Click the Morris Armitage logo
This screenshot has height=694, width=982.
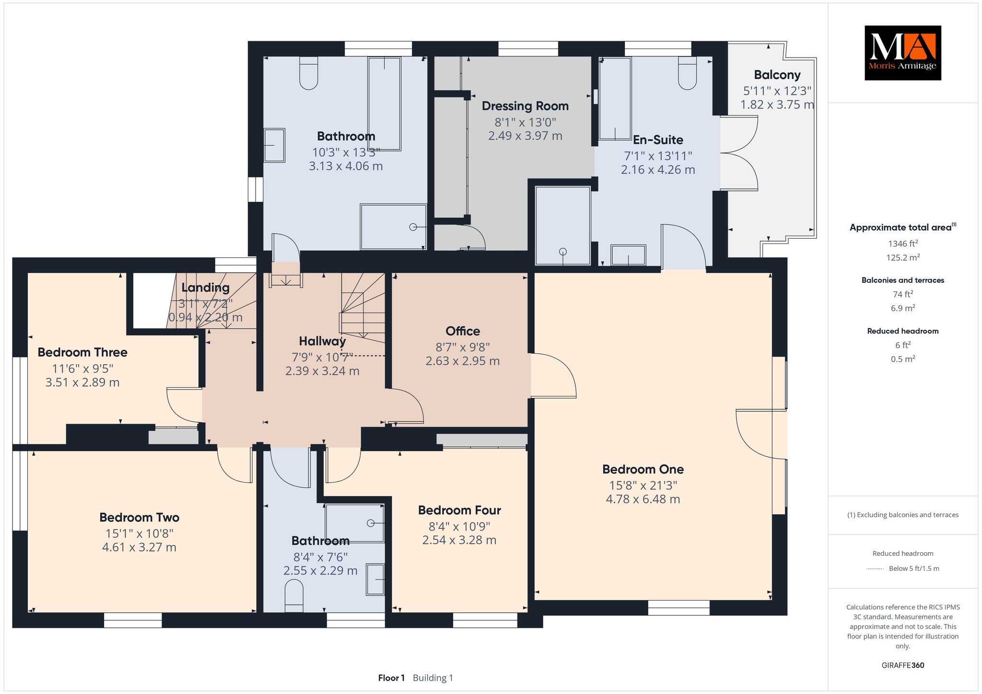[902, 53]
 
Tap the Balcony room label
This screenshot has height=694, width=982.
[777, 75]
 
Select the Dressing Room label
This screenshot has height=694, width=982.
[525, 106]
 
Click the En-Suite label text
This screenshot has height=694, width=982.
[658, 140]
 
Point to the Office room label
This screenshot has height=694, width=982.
[463, 331]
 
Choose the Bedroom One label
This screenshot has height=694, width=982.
[643, 469]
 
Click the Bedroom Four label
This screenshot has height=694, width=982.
[459, 510]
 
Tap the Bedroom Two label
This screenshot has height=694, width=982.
[140, 518]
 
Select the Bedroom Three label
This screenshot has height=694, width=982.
[82, 353]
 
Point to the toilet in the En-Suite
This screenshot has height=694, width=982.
[688, 73]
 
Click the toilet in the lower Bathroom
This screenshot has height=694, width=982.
[294, 596]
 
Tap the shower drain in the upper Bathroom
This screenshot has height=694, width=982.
[413, 227]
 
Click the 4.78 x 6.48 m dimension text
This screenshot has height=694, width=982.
[643, 499]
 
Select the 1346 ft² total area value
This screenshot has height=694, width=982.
[903, 243]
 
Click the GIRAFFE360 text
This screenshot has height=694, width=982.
[903, 665]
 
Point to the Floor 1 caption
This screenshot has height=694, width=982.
[391, 678]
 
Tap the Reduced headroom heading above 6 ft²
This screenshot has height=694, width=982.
[903, 331]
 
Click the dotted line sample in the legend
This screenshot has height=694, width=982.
[875, 569]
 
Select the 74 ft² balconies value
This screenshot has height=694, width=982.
[903, 294]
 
